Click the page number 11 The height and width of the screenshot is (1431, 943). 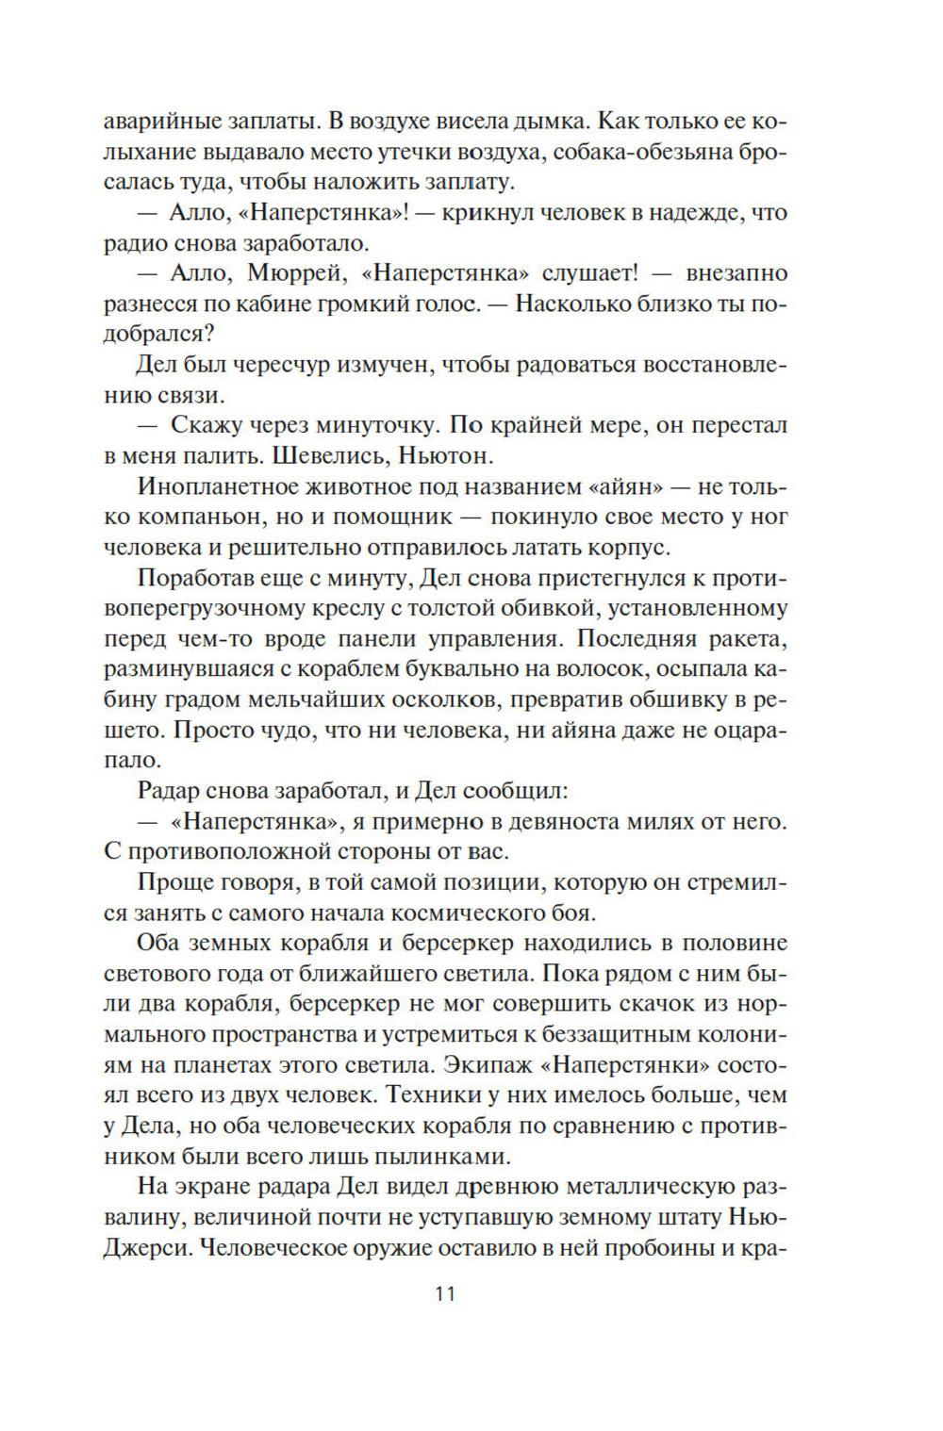pos(445,1292)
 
